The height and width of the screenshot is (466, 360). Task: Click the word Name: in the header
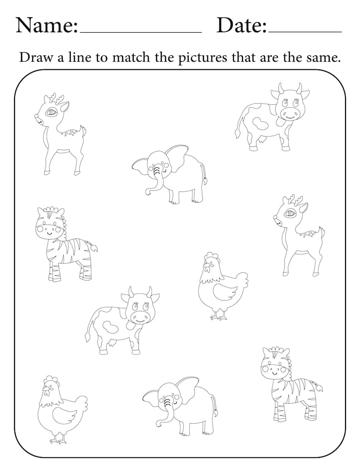pos(47,25)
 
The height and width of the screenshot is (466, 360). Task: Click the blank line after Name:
pos(140,32)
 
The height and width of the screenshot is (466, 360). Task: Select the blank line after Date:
pos(305,32)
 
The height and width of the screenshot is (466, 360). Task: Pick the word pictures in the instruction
pos(219,58)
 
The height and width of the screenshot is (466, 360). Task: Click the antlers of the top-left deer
pos(55,98)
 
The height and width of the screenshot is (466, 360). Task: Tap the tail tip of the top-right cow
pos(236,134)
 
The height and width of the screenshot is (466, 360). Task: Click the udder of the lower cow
pos(112,346)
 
